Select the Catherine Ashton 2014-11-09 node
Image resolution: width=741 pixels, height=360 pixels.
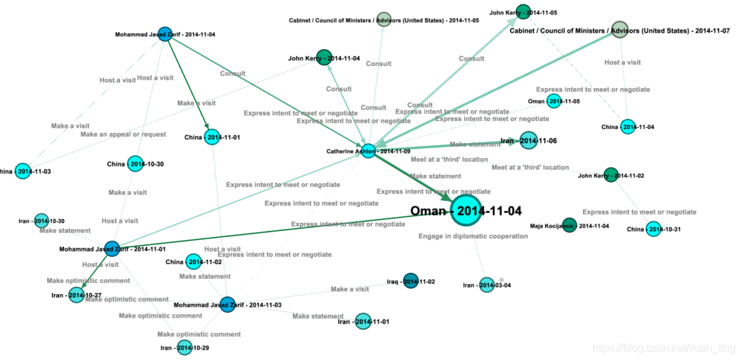pyautogui.click(x=368, y=151)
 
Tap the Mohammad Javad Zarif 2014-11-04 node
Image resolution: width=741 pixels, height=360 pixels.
pyautogui.click(x=165, y=35)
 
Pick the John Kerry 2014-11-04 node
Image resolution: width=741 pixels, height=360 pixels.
pyautogui.click(x=324, y=58)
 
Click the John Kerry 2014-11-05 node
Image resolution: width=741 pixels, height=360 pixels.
pyautogui.click(x=523, y=12)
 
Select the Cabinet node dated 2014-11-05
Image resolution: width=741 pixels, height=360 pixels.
pyautogui.click(x=383, y=19)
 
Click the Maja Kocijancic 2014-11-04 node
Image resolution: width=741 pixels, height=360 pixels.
pyautogui.click(x=569, y=226)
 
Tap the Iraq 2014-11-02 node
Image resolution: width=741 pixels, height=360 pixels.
pyautogui.click(x=411, y=281)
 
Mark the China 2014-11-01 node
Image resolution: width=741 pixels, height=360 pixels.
pyautogui.click(x=212, y=138)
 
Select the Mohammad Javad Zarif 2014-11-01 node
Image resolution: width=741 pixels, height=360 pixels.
pyautogui.click(x=112, y=249)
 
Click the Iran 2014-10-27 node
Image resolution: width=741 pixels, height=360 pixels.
pyautogui.click(x=77, y=295)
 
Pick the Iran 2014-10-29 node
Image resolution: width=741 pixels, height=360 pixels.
pyautogui.click(x=184, y=347)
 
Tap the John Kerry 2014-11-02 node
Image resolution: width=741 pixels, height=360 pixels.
pyautogui.click(x=611, y=176)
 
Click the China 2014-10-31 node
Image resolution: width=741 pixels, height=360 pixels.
pyautogui.click(x=653, y=230)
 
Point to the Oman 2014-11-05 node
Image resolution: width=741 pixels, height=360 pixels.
pyautogui.click(x=554, y=101)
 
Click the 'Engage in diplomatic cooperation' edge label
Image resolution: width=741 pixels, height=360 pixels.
pyautogui.click(x=463, y=236)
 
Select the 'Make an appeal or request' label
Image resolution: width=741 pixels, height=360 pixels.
pyautogui.click(x=123, y=134)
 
